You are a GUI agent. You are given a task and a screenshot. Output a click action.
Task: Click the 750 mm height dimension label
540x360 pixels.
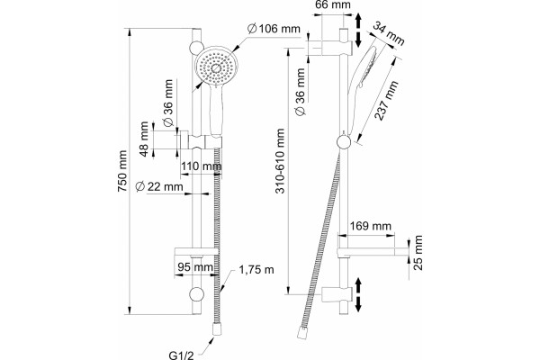122,171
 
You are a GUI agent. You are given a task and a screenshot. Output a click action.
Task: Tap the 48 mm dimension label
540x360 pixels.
144,139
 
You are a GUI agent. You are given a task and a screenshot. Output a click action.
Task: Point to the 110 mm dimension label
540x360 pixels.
202,166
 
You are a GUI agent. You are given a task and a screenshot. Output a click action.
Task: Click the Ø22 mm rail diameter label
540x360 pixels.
159,186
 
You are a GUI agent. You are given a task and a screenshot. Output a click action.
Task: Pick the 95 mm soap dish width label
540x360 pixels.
195,266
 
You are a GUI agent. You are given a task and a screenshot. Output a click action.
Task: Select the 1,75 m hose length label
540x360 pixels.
256,269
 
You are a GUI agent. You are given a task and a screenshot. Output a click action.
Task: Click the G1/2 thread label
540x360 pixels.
181,355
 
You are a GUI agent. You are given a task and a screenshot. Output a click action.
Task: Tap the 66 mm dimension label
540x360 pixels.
333,4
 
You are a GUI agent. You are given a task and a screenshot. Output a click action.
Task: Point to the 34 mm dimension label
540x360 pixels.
389,34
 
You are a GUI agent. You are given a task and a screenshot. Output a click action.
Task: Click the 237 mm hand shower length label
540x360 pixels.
386,101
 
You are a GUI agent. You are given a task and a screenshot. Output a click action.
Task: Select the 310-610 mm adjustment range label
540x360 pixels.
280,161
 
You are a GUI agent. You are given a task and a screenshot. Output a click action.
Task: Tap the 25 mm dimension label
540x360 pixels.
418,253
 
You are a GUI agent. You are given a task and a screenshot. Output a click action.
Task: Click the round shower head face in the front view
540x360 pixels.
216,67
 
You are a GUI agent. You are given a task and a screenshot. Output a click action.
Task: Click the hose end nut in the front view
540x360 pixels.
217,328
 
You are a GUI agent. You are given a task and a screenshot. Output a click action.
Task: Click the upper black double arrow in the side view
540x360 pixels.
358,30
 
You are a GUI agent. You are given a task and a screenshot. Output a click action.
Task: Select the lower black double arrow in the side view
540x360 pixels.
358,294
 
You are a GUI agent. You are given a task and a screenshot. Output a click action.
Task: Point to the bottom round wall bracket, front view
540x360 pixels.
196,294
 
